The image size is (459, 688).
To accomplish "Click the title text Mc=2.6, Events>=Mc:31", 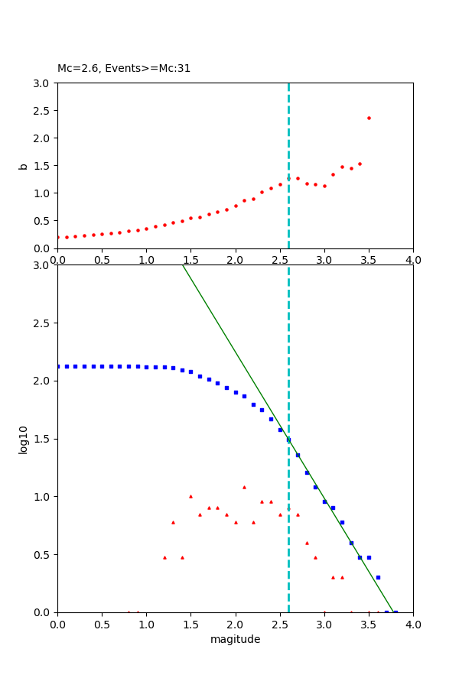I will (x=124, y=69).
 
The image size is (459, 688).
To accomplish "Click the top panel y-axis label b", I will (x=24, y=166).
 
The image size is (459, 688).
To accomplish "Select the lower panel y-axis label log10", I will (x=24, y=439).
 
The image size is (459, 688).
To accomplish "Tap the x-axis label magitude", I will (x=235, y=639).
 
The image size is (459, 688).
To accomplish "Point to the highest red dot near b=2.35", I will (x=369, y=118).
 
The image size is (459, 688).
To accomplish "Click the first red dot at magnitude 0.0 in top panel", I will (x=57, y=237).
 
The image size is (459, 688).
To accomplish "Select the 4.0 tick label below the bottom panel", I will (x=413, y=625).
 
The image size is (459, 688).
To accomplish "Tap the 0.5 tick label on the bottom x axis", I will (x=102, y=625).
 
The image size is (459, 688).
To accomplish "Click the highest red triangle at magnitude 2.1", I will (x=244, y=487).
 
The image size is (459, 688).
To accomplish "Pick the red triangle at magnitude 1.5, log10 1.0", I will (x=190, y=496).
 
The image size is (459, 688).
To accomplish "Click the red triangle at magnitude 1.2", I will (x=164, y=557).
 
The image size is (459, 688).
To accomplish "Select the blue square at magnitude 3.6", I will (x=378, y=577).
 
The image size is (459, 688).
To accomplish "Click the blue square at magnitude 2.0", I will (x=236, y=392).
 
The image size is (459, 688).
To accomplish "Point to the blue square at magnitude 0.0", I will (x=58, y=366).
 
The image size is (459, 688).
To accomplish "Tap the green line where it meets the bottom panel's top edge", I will (x=183, y=265).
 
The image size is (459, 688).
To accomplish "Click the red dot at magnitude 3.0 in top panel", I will (x=324, y=186).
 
